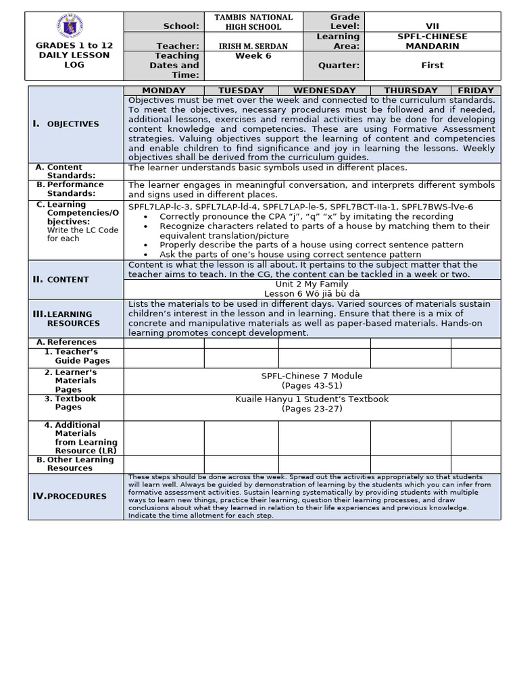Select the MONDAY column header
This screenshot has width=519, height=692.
[164, 91]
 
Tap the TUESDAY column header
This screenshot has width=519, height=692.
[241, 91]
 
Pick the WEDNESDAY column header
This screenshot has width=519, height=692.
[324, 91]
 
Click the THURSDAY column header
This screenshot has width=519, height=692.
[411, 91]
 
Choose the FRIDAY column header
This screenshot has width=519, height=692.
[476, 91]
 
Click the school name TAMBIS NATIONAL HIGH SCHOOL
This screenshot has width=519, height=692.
[253, 22]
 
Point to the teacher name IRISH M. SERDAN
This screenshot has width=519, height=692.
[253, 45]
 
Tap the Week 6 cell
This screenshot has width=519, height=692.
[253, 56]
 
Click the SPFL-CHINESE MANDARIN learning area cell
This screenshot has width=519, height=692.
[432, 41]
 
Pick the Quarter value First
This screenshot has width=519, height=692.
[432, 66]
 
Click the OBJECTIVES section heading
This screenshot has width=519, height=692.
[73, 124]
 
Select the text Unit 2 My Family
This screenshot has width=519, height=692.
[312, 285]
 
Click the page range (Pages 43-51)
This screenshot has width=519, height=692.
[312, 385]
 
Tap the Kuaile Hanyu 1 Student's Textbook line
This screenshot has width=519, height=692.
[312, 399]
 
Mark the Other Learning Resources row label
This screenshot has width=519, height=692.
[79, 464]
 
